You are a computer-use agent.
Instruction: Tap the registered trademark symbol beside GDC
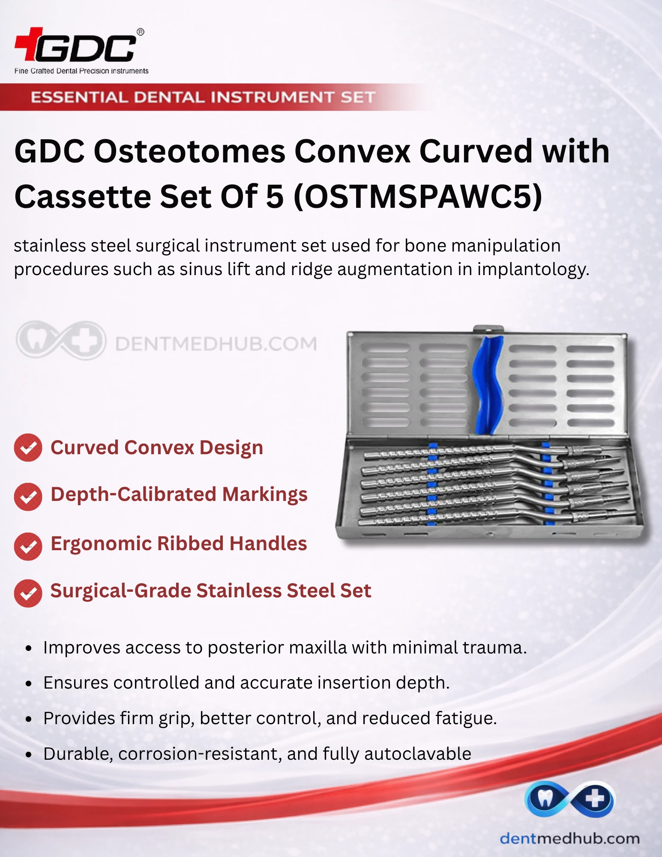pyautogui.click(x=140, y=32)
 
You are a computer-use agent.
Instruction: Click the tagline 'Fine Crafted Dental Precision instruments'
pyautogui.click(x=81, y=71)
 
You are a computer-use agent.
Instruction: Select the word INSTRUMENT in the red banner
pyautogui.click(x=272, y=97)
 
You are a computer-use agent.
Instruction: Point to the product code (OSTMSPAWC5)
pyautogui.click(x=418, y=197)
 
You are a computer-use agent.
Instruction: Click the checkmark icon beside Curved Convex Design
pyautogui.click(x=28, y=448)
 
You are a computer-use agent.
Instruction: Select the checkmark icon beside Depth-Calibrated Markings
pyautogui.click(x=28, y=497)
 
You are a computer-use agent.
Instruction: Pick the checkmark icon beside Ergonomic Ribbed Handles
pyautogui.click(x=28, y=546)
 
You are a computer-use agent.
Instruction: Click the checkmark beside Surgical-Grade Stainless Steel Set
pyautogui.click(x=28, y=593)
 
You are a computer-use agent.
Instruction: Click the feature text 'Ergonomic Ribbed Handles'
pyautogui.click(x=179, y=544)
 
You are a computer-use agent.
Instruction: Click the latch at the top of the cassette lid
pyautogui.click(x=488, y=329)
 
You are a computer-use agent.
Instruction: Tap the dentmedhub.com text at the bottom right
pyautogui.click(x=569, y=838)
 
